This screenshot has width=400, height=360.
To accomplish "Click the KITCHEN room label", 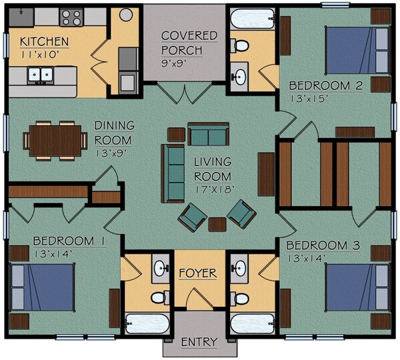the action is (x=45, y=41).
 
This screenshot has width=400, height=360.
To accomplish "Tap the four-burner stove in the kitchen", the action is (x=71, y=17).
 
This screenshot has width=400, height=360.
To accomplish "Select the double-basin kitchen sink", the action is (x=40, y=75).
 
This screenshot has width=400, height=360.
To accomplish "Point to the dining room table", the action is (x=55, y=141).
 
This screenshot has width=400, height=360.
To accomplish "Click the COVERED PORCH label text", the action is (x=189, y=43).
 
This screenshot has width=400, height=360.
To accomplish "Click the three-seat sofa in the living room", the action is (x=173, y=173).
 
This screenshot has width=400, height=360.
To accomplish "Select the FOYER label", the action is (x=198, y=273).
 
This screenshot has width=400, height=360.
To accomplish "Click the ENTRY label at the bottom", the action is (x=199, y=342).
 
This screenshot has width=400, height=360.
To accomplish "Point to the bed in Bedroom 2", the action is (x=357, y=50).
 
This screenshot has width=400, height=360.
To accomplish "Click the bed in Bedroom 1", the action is (x=43, y=287).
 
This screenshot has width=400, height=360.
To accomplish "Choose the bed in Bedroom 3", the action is (x=357, y=287).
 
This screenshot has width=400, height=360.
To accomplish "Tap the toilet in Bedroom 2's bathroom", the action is (x=239, y=46).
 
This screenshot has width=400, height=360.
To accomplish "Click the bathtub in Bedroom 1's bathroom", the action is (x=147, y=323).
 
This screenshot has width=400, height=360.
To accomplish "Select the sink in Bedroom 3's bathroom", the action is (x=239, y=269).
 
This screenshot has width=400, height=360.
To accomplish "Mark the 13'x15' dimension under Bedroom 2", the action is (x=309, y=99).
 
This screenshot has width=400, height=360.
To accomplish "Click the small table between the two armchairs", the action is (x=217, y=225).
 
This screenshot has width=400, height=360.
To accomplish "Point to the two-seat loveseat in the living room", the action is (x=208, y=134).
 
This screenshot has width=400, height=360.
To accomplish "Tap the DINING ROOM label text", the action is (x=114, y=133).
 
